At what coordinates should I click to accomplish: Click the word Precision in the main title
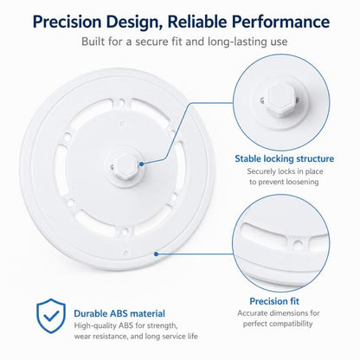click(x=67, y=22)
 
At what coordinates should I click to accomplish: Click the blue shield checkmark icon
click(x=51, y=316)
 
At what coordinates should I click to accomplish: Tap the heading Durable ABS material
click(x=119, y=313)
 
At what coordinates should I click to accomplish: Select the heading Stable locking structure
click(x=284, y=158)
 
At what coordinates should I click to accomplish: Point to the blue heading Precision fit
click(x=274, y=301)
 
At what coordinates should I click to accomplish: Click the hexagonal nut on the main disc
click(x=125, y=166)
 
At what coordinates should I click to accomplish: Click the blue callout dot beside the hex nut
click(x=141, y=164)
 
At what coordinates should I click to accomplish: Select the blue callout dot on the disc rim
click(x=156, y=254)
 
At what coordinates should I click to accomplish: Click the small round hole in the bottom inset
click(x=298, y=245)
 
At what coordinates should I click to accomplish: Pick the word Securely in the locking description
click(x=261, y=171)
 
